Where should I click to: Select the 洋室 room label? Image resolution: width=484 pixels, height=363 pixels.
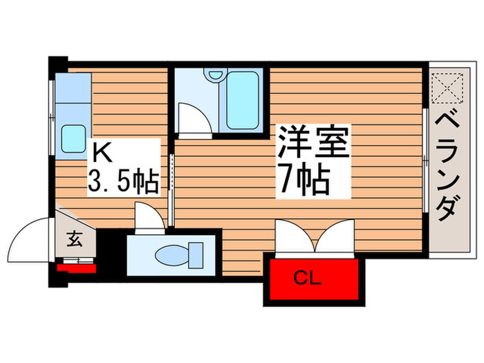(x=314, y=142)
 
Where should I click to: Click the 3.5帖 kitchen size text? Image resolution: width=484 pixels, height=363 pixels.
(x=124, y=180)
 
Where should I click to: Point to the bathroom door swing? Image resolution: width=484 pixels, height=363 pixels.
(x=192, y=117)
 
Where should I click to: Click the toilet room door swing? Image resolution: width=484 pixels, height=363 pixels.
(x=148, y=216)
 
